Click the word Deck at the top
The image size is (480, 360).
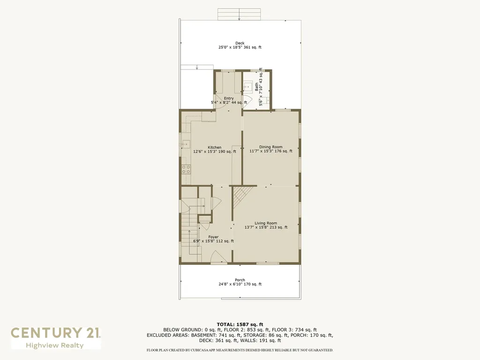(240, 43)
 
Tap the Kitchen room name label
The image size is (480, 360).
(215, 147)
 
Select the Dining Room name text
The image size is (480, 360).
(270, 147)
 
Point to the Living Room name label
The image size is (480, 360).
(266, 223)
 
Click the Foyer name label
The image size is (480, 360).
(213, 237)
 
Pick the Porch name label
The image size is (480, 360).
(240, 280)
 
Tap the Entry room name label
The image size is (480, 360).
(228, 98)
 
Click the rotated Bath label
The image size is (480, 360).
(256, 87)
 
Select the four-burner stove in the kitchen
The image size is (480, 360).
(186, 169)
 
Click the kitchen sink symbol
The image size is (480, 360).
(186, 144)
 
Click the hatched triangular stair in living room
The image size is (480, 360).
(243, 194)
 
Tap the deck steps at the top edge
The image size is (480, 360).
(240, 14)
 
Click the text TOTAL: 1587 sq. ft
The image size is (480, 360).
(240, 324)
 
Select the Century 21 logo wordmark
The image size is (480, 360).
(55, 333)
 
